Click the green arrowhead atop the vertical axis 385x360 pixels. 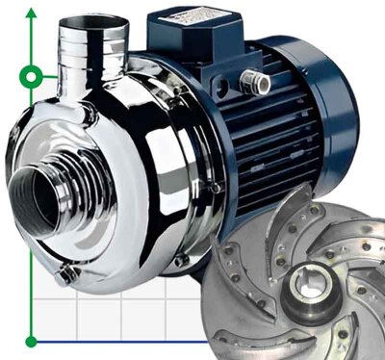click(32, 12)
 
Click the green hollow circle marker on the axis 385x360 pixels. click(32, 75)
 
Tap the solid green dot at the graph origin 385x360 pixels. click(32, 340)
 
